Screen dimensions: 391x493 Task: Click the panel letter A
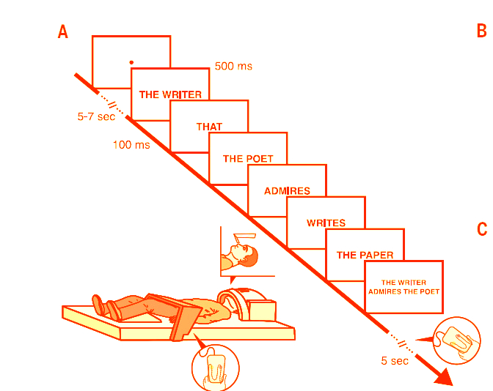coord(63,32)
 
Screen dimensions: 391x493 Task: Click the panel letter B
coord(481,31)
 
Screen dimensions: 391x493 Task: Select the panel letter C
coord(482,229)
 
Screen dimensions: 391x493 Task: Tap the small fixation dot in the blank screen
coord(131,63)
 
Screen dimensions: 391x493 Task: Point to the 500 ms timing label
coord(233,67)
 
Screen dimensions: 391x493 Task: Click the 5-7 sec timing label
coord(96,116)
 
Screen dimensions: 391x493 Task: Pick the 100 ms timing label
coord(131,145)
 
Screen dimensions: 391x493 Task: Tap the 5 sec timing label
coord(395,361)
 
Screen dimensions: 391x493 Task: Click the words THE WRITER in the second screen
coord(170,94)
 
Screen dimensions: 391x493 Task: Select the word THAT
coord(209,127)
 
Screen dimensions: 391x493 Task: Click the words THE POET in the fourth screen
coord(248,158)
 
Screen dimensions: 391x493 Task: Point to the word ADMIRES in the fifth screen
coord(287,191)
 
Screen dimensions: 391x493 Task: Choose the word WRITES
coord(326,223)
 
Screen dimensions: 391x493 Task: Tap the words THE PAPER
coord(365,256)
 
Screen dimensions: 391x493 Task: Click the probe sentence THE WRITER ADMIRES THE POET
coord(404,287)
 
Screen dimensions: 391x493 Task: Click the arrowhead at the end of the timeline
coord(443,378)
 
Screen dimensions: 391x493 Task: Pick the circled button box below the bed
coord(215,366)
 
